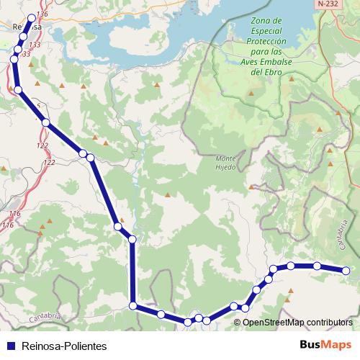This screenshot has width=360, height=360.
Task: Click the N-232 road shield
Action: (x=328, y=4)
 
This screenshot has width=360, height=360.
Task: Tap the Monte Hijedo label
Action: (x=225, y=163)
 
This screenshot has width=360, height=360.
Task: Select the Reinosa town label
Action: (x=26, y=27)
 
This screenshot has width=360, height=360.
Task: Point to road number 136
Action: (x=41, y=14)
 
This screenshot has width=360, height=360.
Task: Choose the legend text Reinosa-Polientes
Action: (x=64, y=346)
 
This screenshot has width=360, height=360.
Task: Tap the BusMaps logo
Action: (x=325, y=345)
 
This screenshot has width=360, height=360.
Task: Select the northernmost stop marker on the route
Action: (x=31, y=19)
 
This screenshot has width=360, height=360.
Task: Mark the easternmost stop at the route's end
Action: (x=346, y=271)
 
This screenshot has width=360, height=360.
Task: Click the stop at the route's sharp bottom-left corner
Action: (x=132, y=306)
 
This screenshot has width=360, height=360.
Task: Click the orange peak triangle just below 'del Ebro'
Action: (x=252, y=93)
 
